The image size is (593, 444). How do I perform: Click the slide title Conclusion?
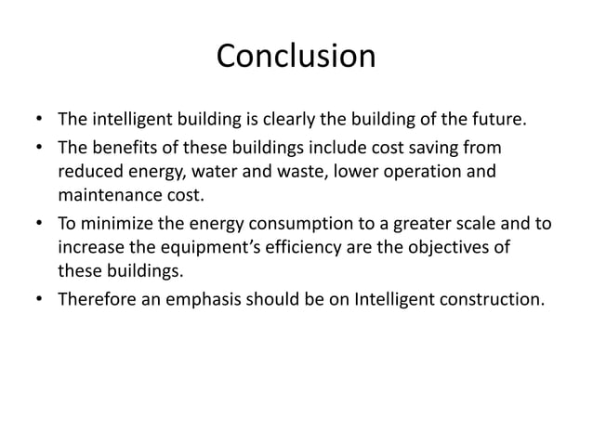pyautogui.click(x=296, y=57)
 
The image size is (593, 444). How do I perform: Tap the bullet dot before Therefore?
pyautogui.click(x=38, y=301)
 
